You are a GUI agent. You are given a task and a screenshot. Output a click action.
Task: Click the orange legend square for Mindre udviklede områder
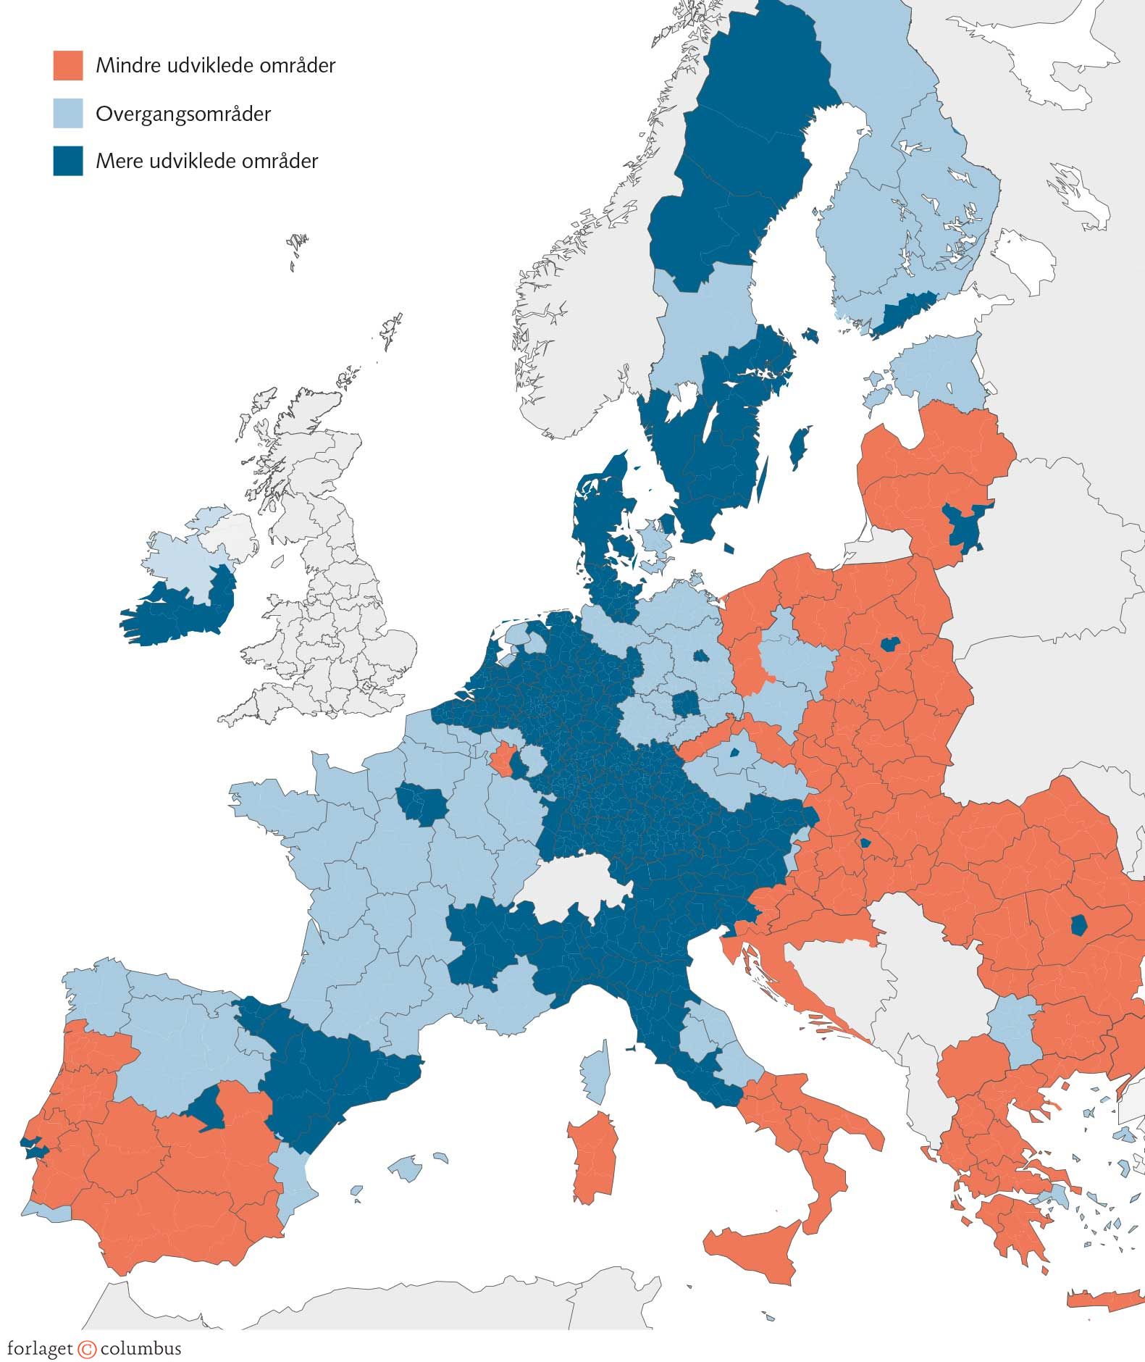[68, 65]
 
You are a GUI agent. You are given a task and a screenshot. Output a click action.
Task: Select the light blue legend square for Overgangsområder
[68, 113]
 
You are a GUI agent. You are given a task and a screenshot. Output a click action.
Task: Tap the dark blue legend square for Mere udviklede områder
[68, 161]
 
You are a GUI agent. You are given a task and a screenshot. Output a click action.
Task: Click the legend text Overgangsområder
[183, 114]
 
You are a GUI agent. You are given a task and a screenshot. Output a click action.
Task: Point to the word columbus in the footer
[140, 1349]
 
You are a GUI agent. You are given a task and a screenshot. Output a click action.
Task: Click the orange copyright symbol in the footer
[87, 1349]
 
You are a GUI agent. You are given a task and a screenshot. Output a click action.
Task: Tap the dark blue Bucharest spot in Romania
[1078, 926]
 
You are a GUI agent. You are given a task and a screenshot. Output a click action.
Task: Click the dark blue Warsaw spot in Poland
[889, 643]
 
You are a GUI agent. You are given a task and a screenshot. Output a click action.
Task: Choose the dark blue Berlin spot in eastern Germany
[701, 656]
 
